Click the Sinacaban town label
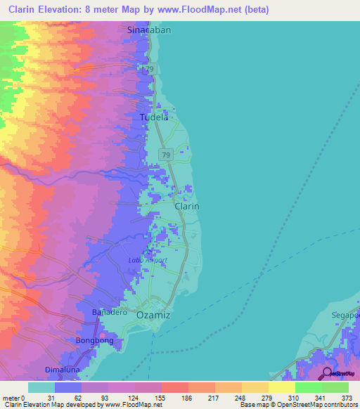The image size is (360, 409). [x=148, y=31]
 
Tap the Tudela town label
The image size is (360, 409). [x=154, y=117]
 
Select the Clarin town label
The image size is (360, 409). [x=187, y=207]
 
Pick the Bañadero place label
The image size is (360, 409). [x=109, y=312]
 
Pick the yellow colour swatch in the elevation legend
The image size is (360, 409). [x=281, y=387]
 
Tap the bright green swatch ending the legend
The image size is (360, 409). [x=335, y=387]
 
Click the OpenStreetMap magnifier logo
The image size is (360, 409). [x=328, y=374]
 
